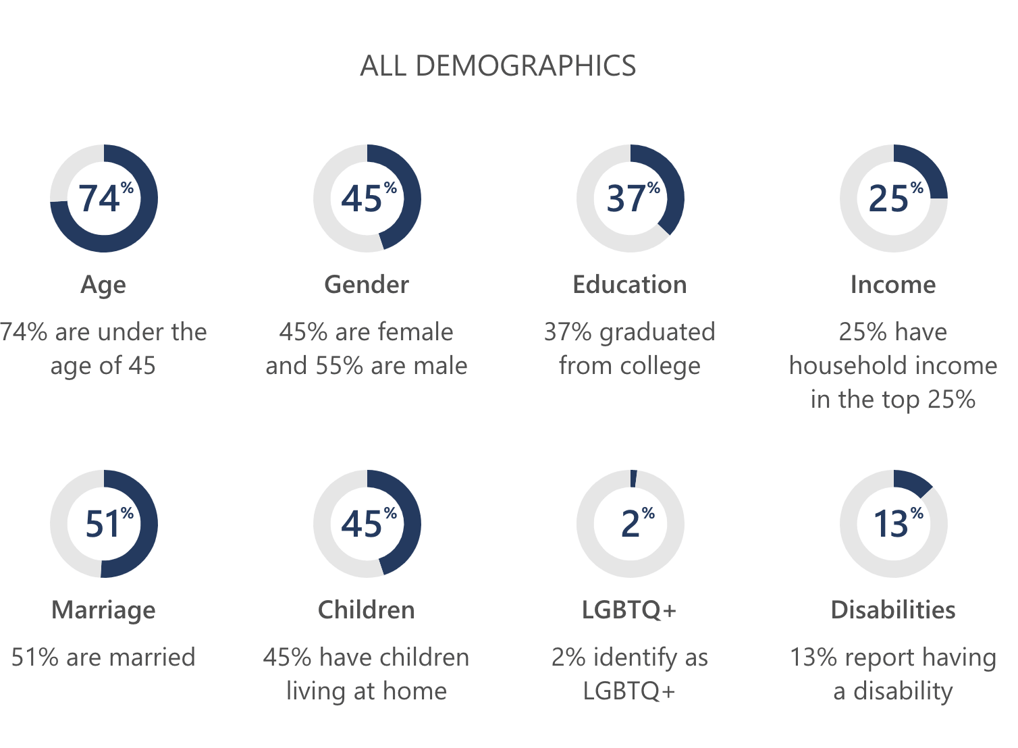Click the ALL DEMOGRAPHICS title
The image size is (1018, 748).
498,66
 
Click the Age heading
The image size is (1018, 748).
103,285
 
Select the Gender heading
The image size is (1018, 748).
367,285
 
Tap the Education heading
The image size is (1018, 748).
629,285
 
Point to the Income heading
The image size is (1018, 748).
893,285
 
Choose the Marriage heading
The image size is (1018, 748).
103,610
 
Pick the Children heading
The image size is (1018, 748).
367,610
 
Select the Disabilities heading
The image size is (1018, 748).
893,610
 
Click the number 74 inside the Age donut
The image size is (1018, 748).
99,199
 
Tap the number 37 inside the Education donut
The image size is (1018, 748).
625,199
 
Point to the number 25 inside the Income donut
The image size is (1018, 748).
888,199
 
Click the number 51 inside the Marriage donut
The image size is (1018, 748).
103,525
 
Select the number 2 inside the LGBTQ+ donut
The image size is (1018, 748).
630,525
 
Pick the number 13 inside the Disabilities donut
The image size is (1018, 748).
890,525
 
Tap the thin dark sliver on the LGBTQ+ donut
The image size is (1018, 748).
633,479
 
